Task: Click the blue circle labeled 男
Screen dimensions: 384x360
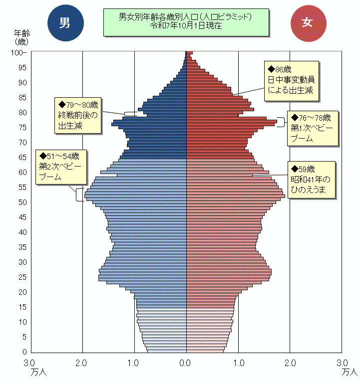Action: [x=65, y=22]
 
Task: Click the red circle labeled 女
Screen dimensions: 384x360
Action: [x=308, y=22]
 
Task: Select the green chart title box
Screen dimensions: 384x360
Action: [x=186, y=21]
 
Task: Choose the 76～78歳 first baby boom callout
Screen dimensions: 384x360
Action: [x=313, y=128]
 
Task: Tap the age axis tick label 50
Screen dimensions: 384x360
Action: [x=22, y=202]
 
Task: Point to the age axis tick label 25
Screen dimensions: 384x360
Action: [x=22, y=277]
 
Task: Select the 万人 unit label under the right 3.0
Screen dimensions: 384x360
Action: [x=350, y=372]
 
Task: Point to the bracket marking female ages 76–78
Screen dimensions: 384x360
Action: [x=282, y=121]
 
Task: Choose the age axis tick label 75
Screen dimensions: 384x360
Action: [x=22, y=127]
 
